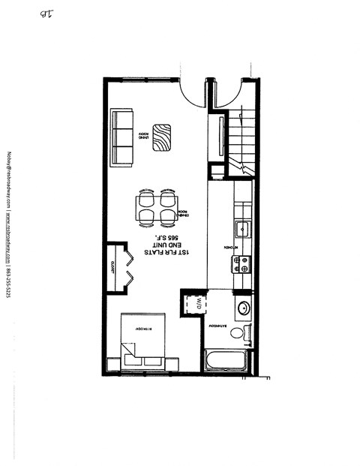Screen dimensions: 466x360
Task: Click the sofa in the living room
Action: tap(122, 137)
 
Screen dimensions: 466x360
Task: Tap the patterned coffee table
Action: tap(160, 137)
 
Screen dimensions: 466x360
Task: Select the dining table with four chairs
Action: tap(156, 207)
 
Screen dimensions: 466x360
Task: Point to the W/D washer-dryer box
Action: tap(193, 304)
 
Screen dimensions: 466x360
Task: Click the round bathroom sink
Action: tap(244, 307)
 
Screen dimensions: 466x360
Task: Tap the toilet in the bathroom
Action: tap(240, 332)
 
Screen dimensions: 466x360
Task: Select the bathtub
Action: tap(226, 360)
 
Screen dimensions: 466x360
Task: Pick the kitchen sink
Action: tap(242, 227)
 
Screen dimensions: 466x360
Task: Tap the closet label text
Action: tap(112, 266)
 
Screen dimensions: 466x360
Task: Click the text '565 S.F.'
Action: tap(178, 239)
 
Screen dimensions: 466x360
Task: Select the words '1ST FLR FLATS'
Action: tap(178, 256)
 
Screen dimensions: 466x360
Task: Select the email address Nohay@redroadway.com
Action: tap(8, 180)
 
